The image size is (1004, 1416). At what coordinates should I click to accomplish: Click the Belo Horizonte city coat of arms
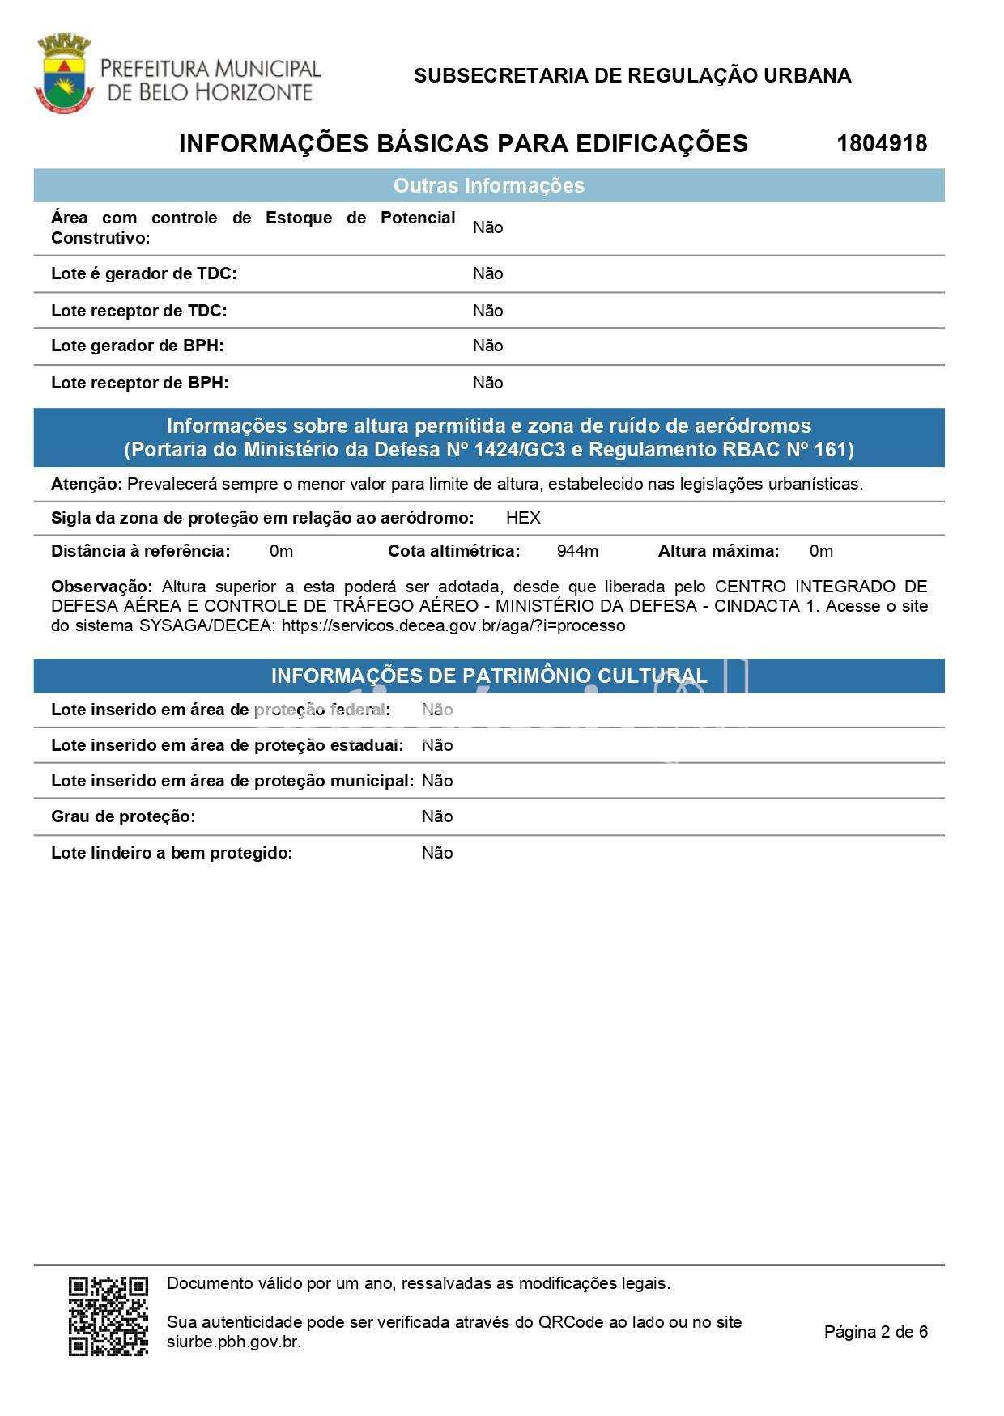(x=63, y=74)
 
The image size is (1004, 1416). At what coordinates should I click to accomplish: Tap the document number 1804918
(x=882, y=144)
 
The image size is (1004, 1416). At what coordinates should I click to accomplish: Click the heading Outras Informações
(x=488, y=186)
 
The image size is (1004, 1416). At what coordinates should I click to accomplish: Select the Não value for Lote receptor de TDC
(x=487, y=311)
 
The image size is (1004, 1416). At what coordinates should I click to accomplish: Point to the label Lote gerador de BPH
(x=137, y=346)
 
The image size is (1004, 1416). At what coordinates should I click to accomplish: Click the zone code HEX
(x=523, y=519)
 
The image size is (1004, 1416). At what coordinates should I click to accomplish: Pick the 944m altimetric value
(x=577, y=552)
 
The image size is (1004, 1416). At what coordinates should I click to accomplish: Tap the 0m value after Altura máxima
(x=821, y=552)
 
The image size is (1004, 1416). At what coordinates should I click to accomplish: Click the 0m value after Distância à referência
(x=281, y=552)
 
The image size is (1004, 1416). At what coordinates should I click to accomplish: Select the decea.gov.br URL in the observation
(x=453, y=626)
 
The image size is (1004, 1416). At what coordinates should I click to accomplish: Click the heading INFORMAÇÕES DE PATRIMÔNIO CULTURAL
(x=488, y=676)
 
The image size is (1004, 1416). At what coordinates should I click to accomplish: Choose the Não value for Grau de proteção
(x=437, y=817)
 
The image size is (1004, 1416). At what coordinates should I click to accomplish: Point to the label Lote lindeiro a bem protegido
(x=172, y=854)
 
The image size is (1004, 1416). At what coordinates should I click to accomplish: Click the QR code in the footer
(x=108, y=1316)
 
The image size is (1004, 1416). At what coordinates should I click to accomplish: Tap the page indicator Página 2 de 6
(x=875, y=1332)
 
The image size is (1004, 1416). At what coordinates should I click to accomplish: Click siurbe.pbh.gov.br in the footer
(x=234, y=1342)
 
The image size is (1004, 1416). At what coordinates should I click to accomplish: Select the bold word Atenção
(x=86, y=485)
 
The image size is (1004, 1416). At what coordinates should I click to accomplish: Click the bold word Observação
(x=101, y=587)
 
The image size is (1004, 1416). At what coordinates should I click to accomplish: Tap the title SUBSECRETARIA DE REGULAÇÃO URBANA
(x=632, y=76)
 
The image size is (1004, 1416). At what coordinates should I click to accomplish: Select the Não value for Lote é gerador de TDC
(x=487, y=274)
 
